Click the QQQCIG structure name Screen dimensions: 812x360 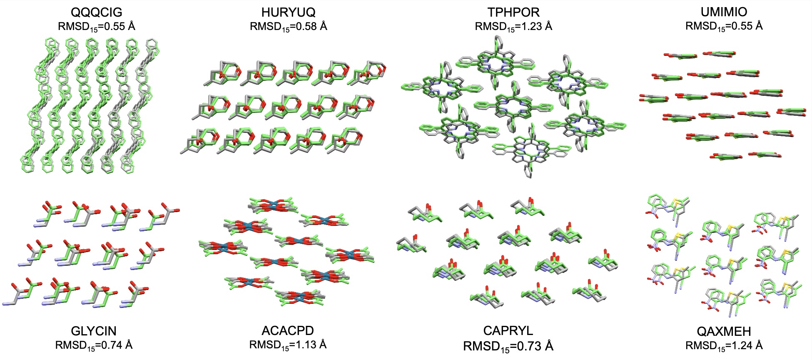pyautogui.click(x=97, y=12)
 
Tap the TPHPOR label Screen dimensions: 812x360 pyautogui.click(x=513, y=12)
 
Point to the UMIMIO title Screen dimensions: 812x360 pyautogui.click(x=724, y=12)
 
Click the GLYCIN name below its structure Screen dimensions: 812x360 pyautogui.click(x=94, y=331)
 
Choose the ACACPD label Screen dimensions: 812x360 pyautogui.click(x=288, y=331)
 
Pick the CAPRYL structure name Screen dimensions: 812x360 pyautogui.click(x=508, y=331)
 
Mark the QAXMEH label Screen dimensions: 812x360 pyautogui.click(x=724, y=332)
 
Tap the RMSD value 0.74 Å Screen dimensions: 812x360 pyautogui.click(x=116, y=345)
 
